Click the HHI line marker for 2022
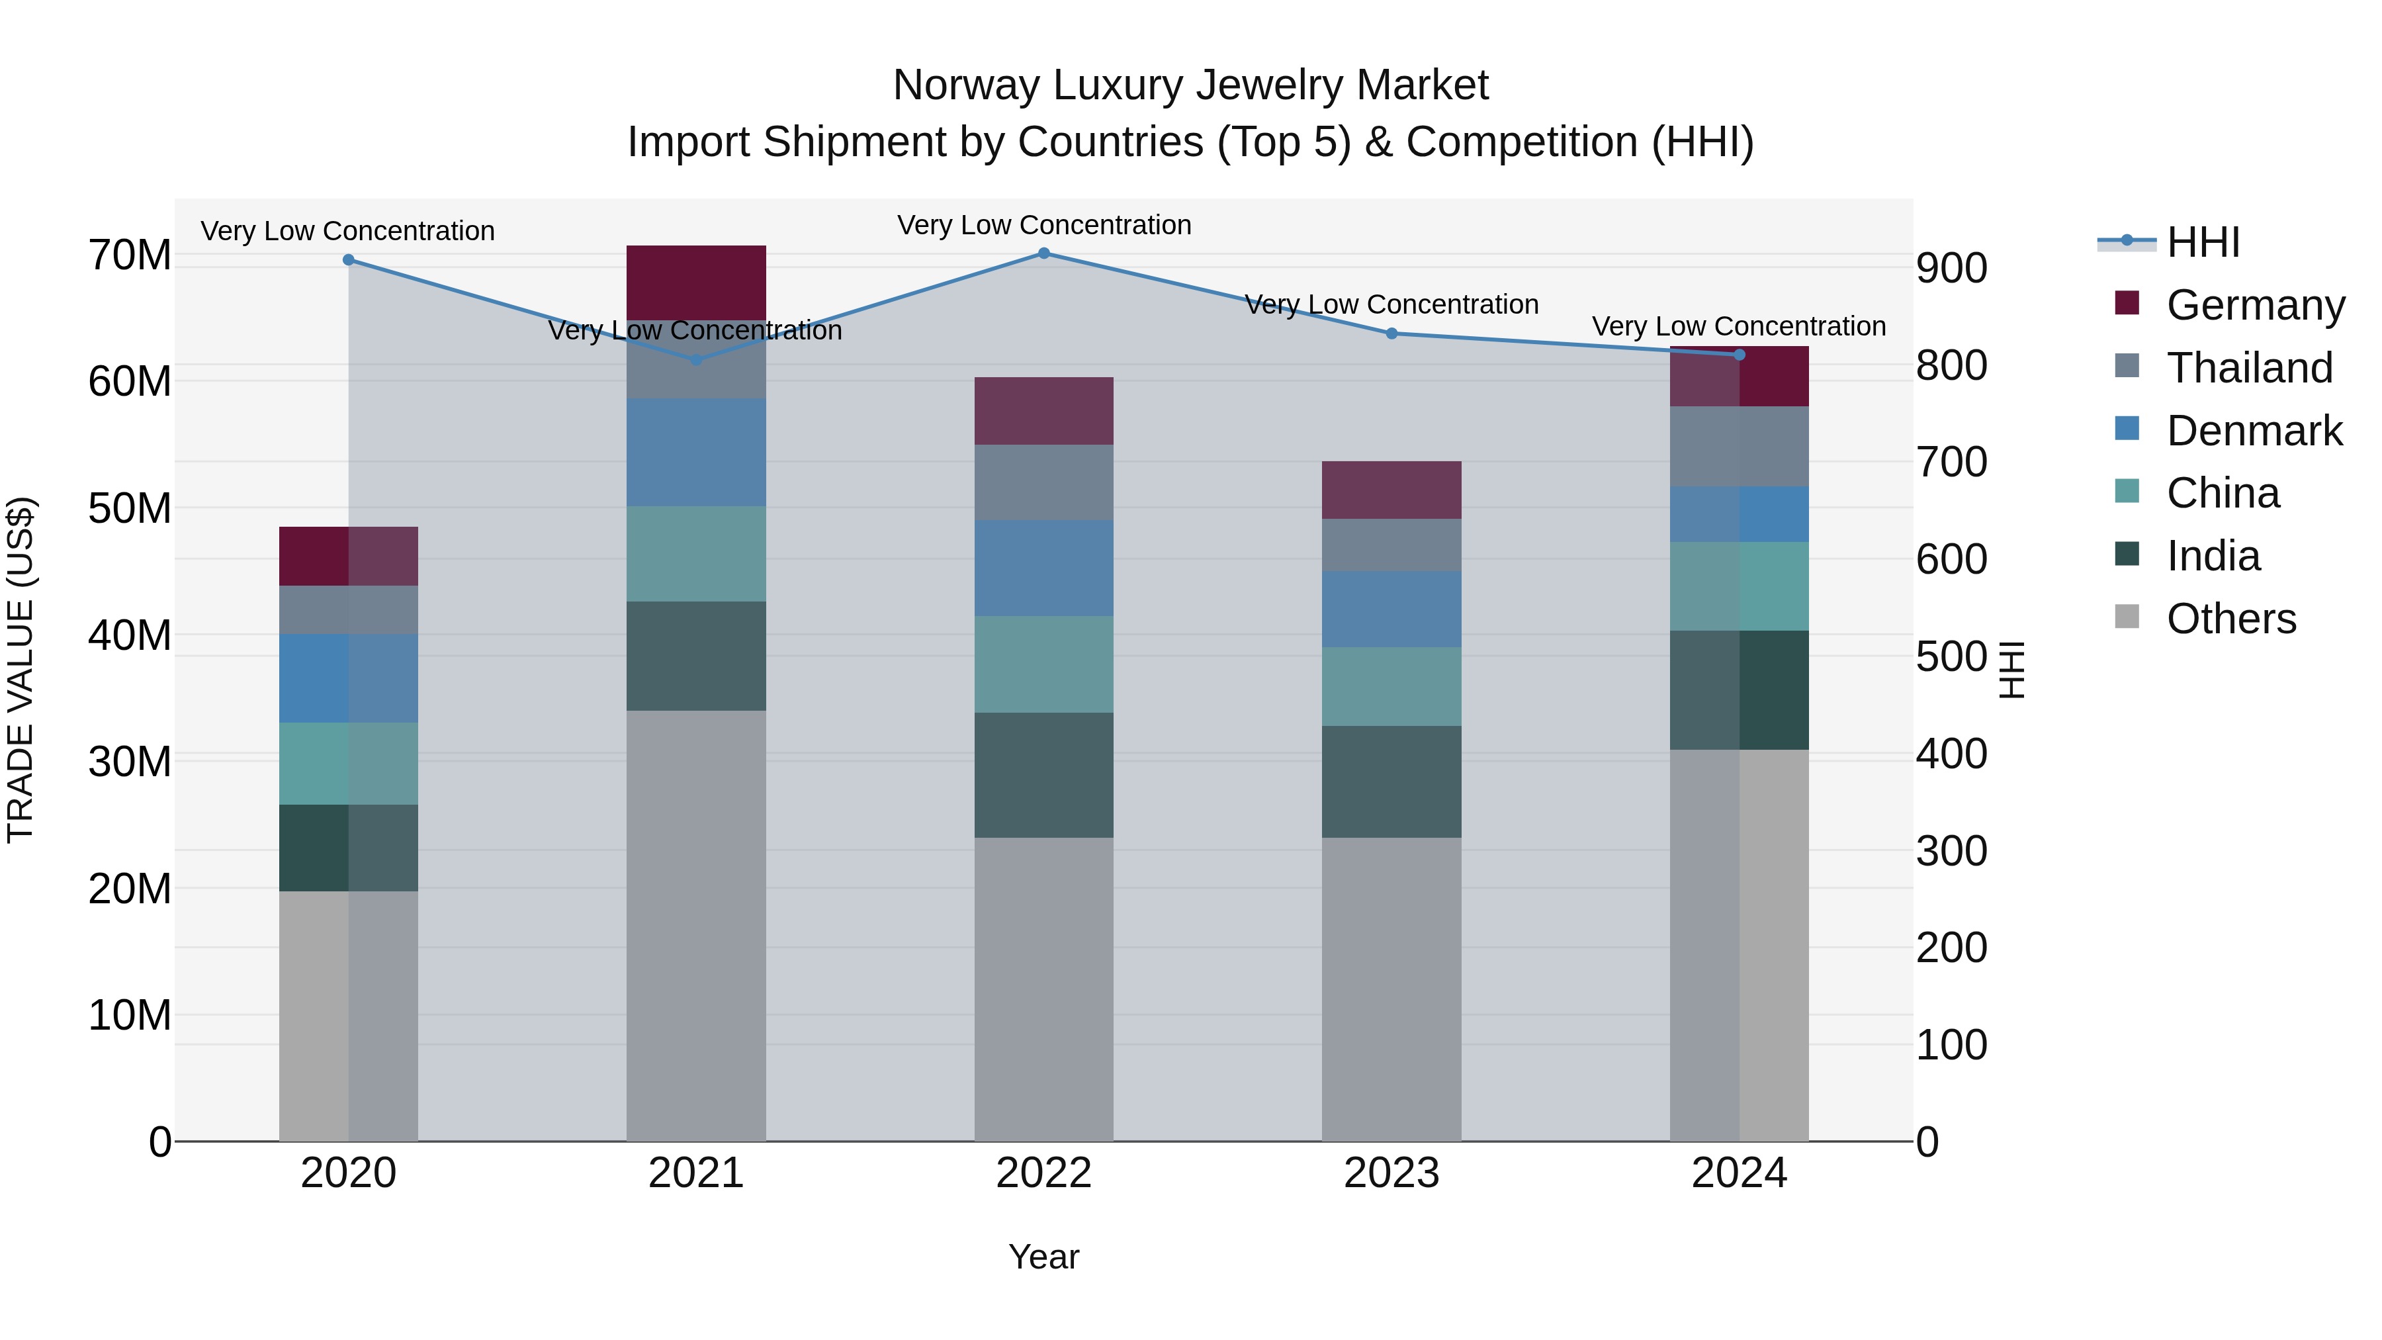(1044, 253)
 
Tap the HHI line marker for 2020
(349, 260)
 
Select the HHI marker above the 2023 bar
(1391, 334)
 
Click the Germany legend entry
(2254, 305)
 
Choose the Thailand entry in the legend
(2249, 368)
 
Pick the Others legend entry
(2230, 619)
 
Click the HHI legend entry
(2203, 242)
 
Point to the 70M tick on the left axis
(130, 255)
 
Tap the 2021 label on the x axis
(696, 1173)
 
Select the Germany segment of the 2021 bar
(696, 282)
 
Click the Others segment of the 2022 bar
(1044, 989)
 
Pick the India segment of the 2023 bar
(1391, 782)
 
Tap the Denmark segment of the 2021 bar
(696, 452)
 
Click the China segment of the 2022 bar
(1044, 664)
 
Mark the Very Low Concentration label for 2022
(1044, 225)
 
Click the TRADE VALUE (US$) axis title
(21, 670)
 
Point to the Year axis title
(1044, 1257)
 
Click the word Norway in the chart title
(965, 85)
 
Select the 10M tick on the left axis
(130, 1015)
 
